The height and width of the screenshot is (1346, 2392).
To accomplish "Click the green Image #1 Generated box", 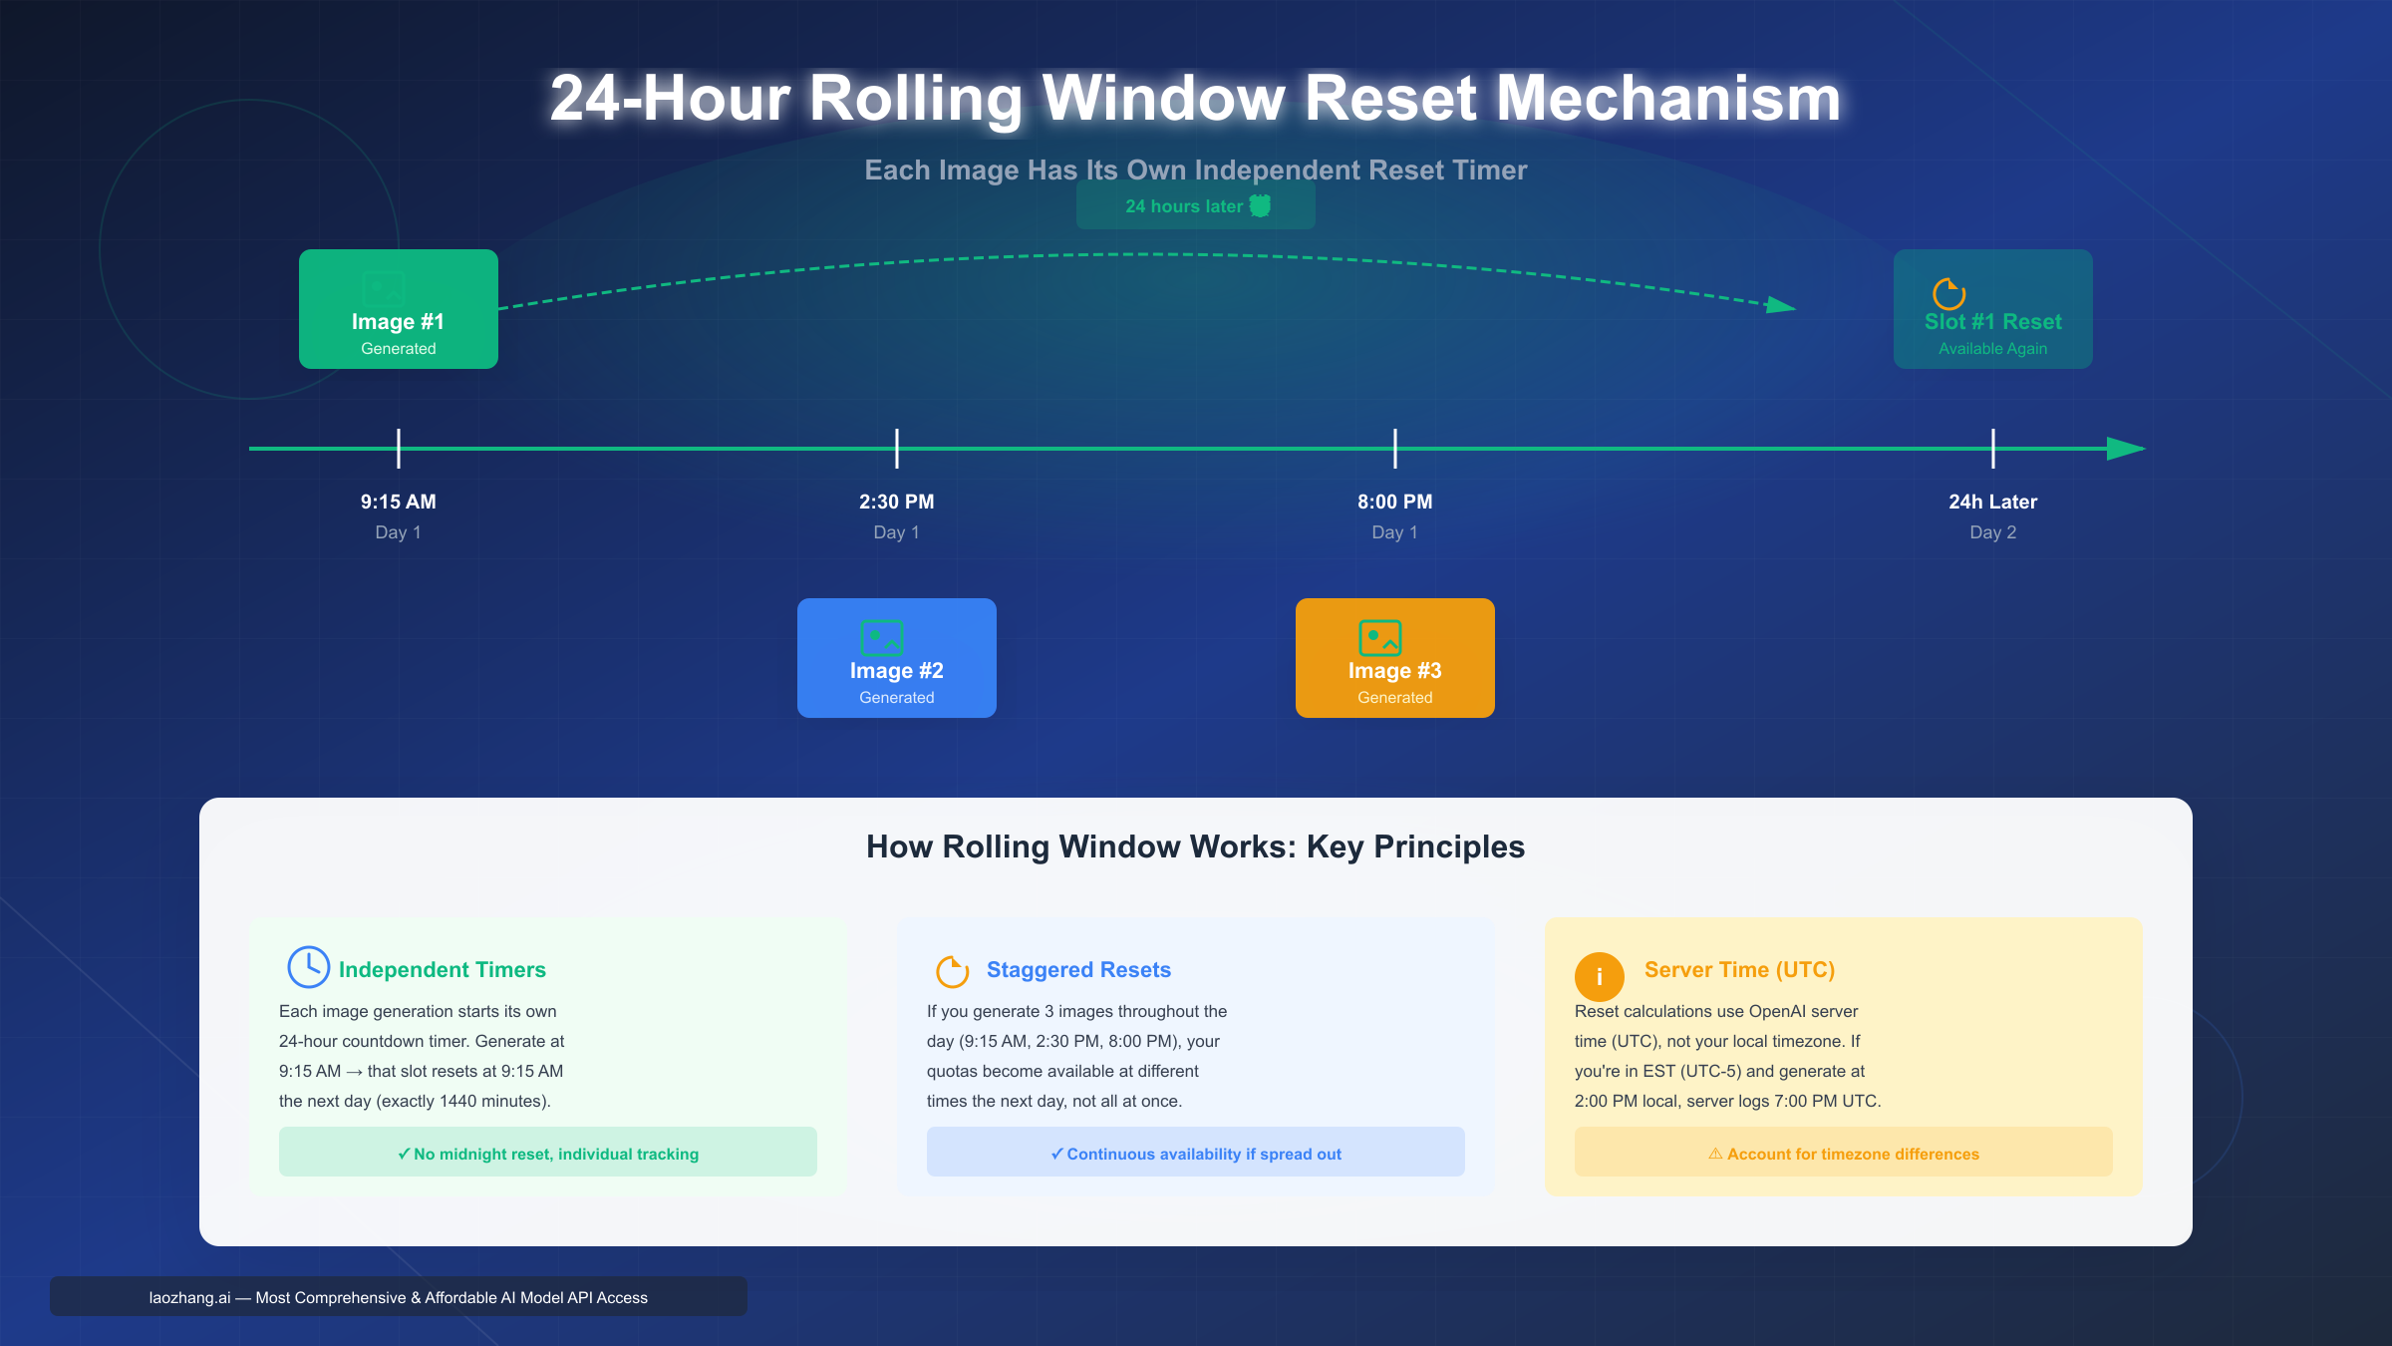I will click(399, 309).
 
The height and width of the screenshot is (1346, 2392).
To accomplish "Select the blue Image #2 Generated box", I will click(897, 658).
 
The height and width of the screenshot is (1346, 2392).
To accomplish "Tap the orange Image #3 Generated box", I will click(1395, 658).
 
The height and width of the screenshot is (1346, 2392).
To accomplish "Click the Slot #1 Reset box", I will click(1993, 309).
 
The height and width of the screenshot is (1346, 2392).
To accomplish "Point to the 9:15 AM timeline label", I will click(399, 502).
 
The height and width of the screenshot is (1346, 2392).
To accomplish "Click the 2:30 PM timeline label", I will click(897, 502).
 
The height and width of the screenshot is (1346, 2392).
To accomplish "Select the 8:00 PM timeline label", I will click(1395, 502).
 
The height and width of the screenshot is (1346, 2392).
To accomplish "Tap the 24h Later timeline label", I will click(1993, 502).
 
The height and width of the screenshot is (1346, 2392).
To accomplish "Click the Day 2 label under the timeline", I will click(1993, 532).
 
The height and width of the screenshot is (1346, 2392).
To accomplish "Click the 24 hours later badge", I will click(1196, 206).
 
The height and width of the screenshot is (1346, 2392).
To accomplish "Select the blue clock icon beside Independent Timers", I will click(309, 967).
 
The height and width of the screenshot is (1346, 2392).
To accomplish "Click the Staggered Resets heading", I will click(1078, 969).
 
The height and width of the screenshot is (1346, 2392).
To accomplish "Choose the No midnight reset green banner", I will click(548, 1153).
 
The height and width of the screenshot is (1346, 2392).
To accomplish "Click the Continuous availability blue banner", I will click(1196, 1153).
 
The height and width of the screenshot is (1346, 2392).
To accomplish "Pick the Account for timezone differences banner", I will click(1844, 1153).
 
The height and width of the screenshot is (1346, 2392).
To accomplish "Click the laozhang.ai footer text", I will click(399, 1297).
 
